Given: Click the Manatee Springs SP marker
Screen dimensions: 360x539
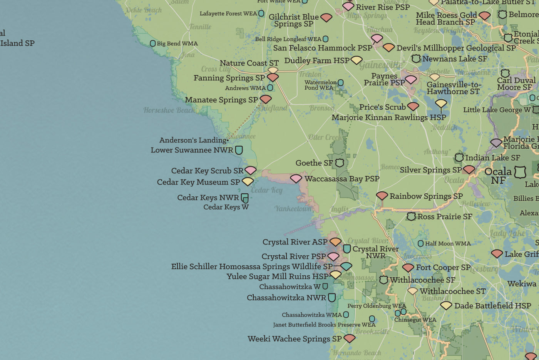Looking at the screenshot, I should click(266, 99).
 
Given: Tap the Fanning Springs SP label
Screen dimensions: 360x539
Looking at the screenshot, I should click(229, 78).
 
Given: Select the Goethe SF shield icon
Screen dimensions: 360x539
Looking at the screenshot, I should click(339, 163).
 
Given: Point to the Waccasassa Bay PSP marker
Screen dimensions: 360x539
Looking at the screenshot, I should click(296, 178).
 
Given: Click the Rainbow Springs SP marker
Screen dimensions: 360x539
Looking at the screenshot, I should click(382, 195).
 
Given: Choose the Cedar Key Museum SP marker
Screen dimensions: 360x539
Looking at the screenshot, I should click(248, 181).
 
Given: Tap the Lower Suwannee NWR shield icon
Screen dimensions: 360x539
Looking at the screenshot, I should click(239, 150).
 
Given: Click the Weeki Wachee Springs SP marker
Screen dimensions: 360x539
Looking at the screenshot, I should click(349, 338).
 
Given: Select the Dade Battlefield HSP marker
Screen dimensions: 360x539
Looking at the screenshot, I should click(446, 305).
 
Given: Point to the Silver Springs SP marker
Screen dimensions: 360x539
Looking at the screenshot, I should click(469, 169).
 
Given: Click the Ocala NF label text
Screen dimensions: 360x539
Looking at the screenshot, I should click(498, 175).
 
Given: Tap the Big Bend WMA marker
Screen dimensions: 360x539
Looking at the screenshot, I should click(152, 44).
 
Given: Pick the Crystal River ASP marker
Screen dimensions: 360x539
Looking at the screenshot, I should click(335, 241).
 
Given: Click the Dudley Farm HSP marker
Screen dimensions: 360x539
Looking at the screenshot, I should click(357, 60).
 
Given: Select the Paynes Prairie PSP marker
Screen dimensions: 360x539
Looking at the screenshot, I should click(411, 79).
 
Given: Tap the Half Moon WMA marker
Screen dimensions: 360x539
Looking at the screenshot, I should click(420, 243).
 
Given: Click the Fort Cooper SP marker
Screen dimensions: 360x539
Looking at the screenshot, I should click(408, 267).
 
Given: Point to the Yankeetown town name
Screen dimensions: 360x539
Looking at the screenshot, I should click(293, 208).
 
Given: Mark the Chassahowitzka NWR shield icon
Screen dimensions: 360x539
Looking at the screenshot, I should click(331, 297).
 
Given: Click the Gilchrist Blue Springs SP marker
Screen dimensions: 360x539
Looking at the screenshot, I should click(326, 17).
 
